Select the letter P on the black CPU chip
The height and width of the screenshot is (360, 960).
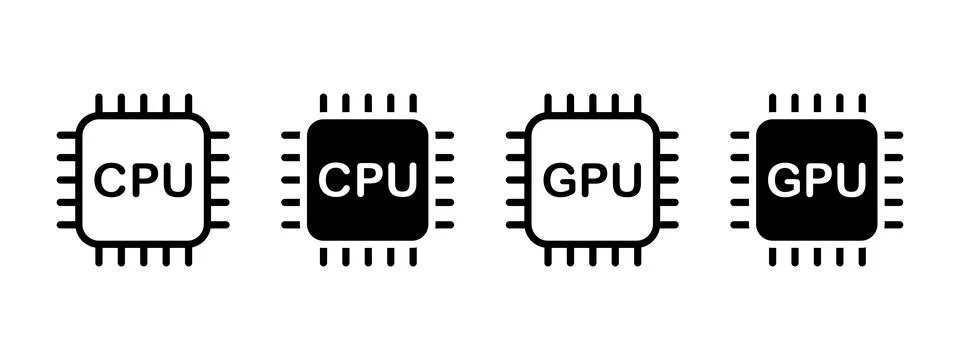367,180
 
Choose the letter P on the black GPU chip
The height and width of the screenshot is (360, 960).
817,180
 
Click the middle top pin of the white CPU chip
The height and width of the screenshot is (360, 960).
143,103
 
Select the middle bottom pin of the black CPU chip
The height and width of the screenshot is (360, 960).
367,256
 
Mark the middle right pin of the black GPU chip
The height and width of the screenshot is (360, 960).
893,180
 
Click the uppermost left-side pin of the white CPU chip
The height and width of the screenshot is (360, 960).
66,135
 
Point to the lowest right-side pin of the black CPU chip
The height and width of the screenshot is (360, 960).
444,225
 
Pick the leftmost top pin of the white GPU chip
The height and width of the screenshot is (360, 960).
548,103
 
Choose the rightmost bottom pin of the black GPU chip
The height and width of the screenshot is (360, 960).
862,256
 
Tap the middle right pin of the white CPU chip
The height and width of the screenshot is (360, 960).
219,180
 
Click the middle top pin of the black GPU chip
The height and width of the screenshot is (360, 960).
817,103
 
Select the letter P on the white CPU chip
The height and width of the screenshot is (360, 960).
143,180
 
